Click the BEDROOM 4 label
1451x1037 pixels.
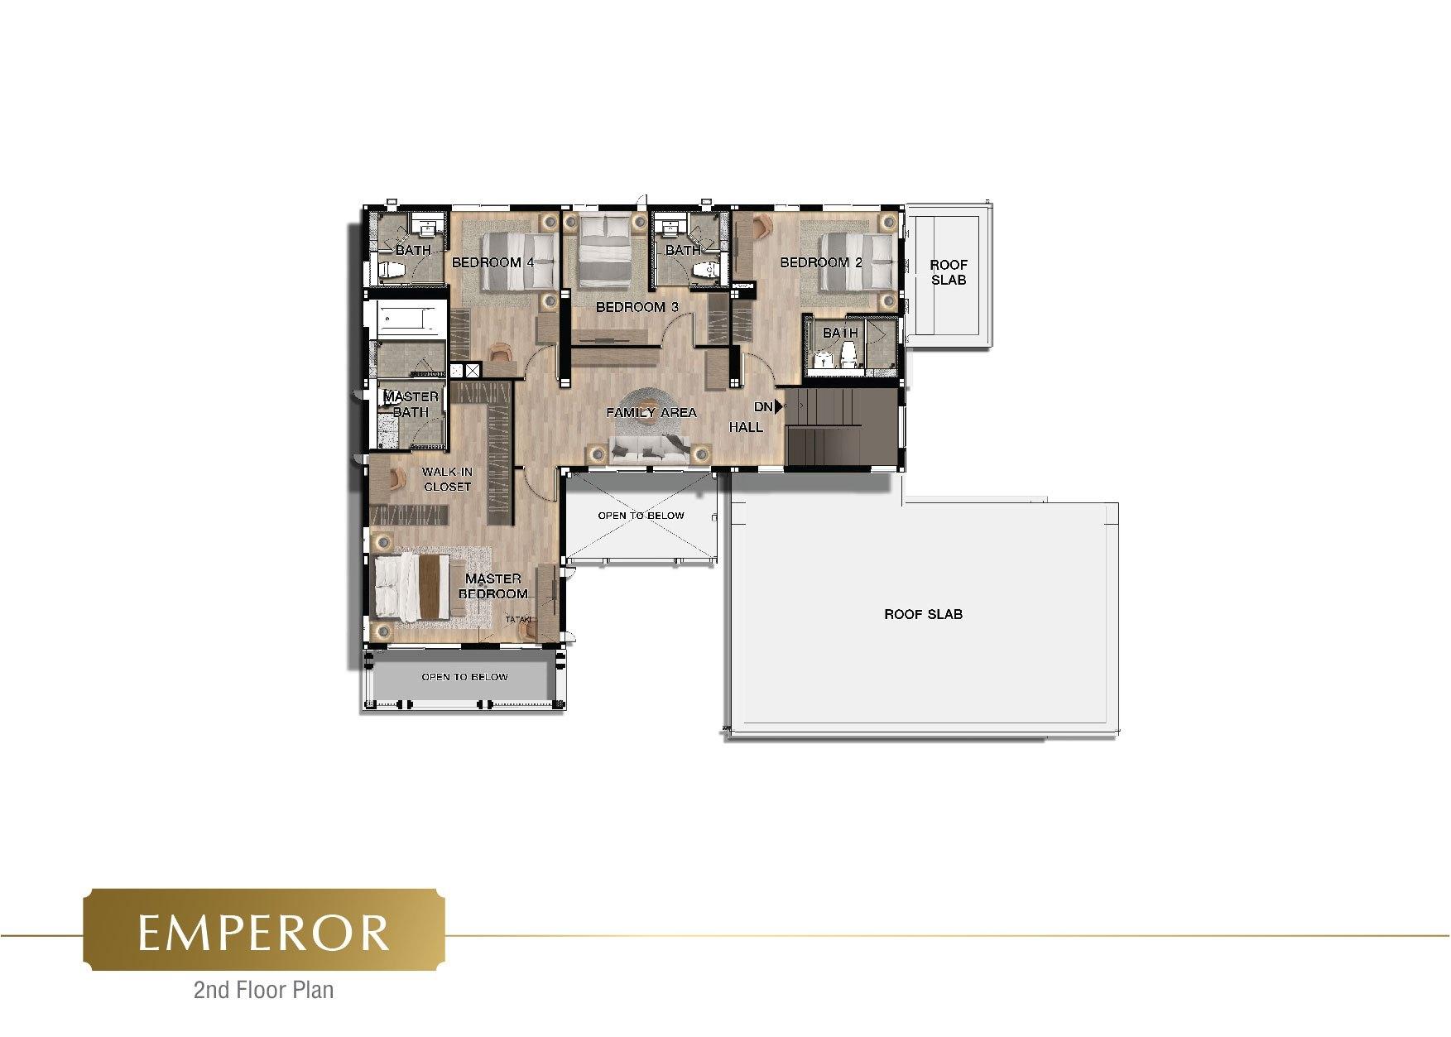492,263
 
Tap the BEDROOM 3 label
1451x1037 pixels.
637,307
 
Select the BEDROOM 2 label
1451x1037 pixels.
821,262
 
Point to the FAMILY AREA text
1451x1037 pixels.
651,412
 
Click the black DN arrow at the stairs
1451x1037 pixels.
778,407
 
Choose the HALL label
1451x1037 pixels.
746,427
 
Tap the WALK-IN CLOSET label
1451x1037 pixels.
447,479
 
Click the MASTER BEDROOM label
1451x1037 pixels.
492,586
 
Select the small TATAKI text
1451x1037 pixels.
518,619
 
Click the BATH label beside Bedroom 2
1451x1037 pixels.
840,333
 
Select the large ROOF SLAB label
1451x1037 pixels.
923,614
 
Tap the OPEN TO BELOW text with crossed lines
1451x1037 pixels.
641,516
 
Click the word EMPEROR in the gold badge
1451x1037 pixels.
263,933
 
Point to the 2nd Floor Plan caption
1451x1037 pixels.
263,989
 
